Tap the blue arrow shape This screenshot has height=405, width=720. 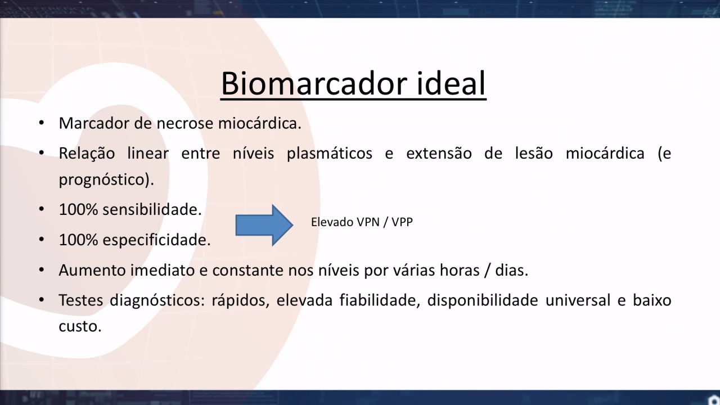(264, 225)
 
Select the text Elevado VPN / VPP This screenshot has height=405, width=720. (362, 222)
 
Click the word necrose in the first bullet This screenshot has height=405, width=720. (185, 123)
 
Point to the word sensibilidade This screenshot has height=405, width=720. (152, 210)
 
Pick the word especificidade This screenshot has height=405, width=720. (156, 240)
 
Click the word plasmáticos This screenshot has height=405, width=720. (330, 154)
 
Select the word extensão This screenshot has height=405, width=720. (439, 154)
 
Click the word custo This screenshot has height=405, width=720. (80, 327)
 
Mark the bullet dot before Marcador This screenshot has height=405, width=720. (42, 123)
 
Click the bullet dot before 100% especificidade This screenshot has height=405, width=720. (42, 240)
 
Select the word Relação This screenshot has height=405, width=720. (87, 154)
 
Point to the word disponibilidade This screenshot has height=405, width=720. (483, 300)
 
